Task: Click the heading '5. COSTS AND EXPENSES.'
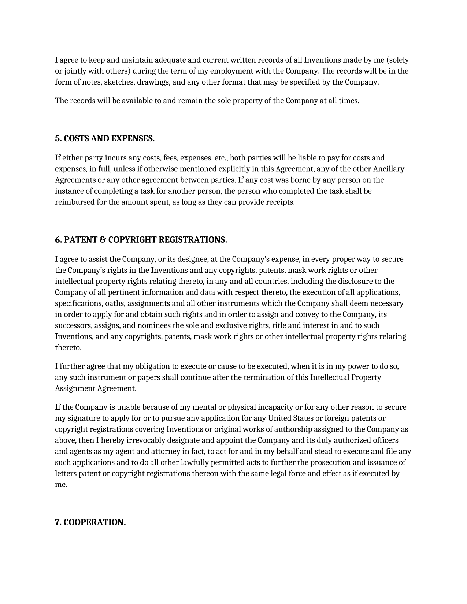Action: [105, 138]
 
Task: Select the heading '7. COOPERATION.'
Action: [90, 522]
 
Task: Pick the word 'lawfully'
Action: [197, 462]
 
